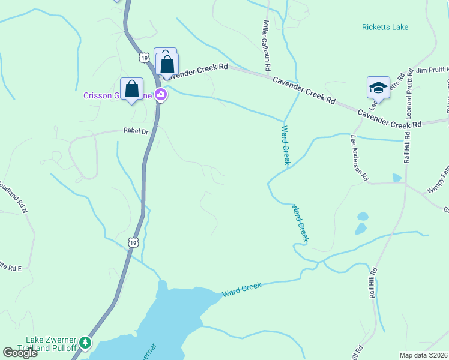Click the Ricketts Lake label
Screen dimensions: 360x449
click(385, 27)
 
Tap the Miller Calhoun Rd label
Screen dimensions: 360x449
click(267, 44)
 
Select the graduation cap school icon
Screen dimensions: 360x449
click(379, 88)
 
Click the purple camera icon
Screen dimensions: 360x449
click(160, 94)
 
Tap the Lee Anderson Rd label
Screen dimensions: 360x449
click(358, 157)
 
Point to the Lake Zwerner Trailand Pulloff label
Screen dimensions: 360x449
click(45, 344)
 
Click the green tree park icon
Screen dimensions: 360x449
click(86, 343)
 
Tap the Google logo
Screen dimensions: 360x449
click(20, 353)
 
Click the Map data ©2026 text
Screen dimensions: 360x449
click(424, 355)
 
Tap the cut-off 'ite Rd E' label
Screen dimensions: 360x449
click(10, 268)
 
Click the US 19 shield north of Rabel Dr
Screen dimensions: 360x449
click(143, 58)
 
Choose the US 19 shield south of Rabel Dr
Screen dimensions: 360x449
click(133, 241)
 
